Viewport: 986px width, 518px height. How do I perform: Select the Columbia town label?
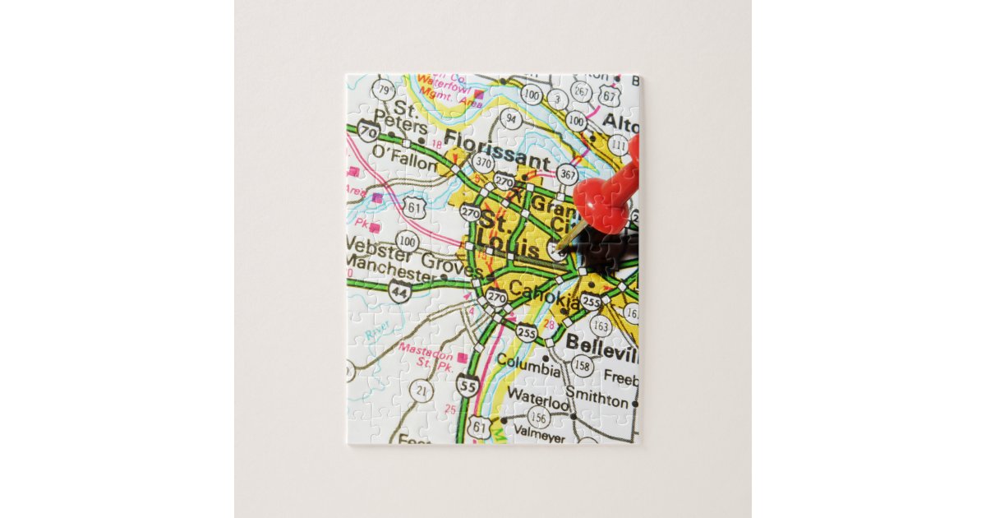[528, 366]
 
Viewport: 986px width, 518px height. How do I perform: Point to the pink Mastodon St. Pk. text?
[428, 354]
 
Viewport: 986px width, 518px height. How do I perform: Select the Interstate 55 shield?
[468, 385]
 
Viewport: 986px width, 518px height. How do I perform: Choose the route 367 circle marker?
[567, 173]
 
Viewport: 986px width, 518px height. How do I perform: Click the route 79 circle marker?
[383, 89]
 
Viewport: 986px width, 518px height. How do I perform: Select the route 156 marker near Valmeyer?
[540, 419]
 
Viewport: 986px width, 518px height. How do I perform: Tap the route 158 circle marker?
[582, 363]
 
